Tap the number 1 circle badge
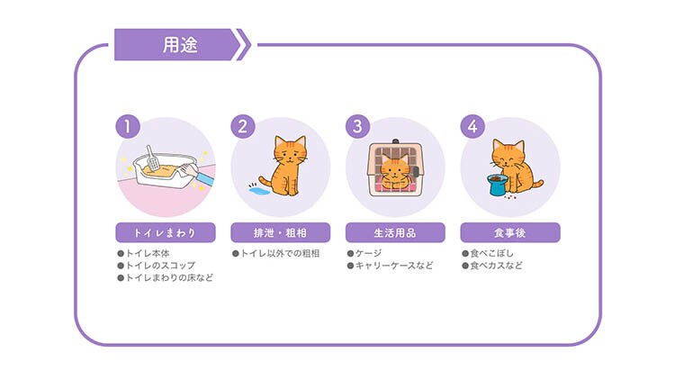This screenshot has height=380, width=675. point(128,127)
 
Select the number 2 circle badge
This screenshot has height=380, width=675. point(243,127)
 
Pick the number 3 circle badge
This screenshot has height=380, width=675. point(357,127)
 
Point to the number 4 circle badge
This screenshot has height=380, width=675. point(472,127)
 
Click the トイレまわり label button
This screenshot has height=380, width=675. point(166,232)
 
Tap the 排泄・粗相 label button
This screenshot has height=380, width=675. point(280,232)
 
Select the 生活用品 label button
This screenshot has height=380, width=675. point(395,232)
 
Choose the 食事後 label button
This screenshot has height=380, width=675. point(510,232)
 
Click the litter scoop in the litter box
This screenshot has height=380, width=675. point(152,158)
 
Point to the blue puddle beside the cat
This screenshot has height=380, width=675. point(259,190)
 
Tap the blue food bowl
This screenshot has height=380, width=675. point(498,185)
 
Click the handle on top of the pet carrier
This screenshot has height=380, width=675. point(395,141)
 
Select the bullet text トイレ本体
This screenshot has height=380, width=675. point(148,253)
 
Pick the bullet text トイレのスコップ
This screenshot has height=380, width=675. point(160,266)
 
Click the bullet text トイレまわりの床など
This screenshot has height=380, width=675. point(169,277)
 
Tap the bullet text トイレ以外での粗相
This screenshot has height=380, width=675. point(280,253)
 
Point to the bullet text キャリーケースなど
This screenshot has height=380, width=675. point(394,266)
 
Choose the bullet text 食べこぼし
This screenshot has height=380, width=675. point(491,253)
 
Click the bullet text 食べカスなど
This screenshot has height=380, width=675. point(496,266)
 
